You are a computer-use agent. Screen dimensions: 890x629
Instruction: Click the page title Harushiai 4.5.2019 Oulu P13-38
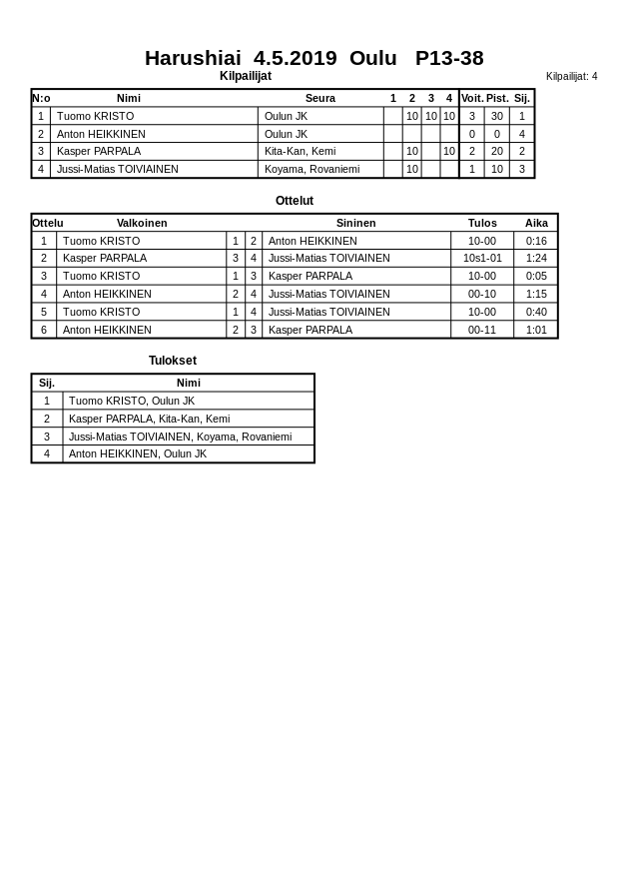[x=314, y=58]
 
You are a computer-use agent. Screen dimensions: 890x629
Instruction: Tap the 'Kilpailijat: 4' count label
[x=571, y=76]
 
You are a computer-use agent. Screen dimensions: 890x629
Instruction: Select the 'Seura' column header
[x=319, y=98]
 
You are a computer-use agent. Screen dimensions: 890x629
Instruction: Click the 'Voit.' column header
[x=471, y=98]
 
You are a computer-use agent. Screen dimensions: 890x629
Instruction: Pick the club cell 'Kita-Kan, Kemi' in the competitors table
[x=300, y=151]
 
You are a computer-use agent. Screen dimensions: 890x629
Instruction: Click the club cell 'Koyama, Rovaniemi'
[x=312, y=169]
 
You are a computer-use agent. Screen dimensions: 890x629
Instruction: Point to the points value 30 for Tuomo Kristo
[x=496, y=116]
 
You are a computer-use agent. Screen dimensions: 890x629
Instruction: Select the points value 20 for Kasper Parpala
[x=496, y=151]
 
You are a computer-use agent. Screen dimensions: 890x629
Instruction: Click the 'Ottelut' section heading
[x=295, y=201]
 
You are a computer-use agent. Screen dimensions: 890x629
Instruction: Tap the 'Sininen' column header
[x=355, y=223]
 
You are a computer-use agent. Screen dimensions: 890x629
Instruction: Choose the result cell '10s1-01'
[x=482, y=258]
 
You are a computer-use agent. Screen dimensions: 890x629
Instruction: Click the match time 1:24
[x=536, y=258]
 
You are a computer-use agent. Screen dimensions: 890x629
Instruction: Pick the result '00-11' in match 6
[x=482, y=330]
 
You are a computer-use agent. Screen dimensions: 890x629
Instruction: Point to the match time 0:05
[x=536, y=276]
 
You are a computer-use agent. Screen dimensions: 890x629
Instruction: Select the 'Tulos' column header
[x=482, y=223]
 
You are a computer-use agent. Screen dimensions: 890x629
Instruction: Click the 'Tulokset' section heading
[x=173, y=361]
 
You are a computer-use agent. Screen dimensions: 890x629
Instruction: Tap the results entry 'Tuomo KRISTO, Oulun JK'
[x=132, y=401]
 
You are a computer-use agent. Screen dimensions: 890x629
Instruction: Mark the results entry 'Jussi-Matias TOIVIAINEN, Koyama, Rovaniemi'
[x=180, y=437]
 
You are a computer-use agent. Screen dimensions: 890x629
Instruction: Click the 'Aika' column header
[x=536, y=223]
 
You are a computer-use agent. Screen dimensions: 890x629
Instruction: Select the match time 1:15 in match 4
[x=536, y=294]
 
